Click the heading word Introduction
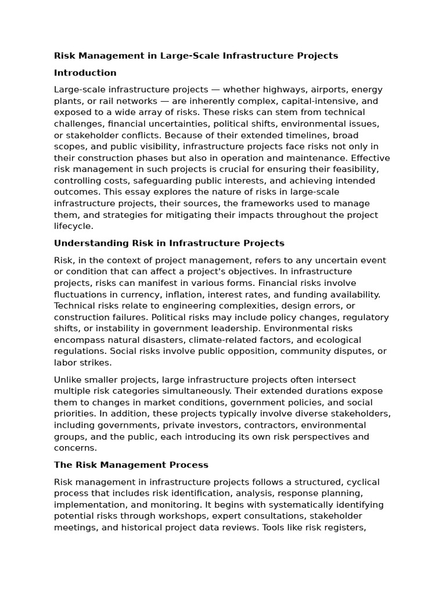[x=85, y=73]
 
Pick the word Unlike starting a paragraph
[x=67, y=379]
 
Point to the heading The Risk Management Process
[x=131, y=465]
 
